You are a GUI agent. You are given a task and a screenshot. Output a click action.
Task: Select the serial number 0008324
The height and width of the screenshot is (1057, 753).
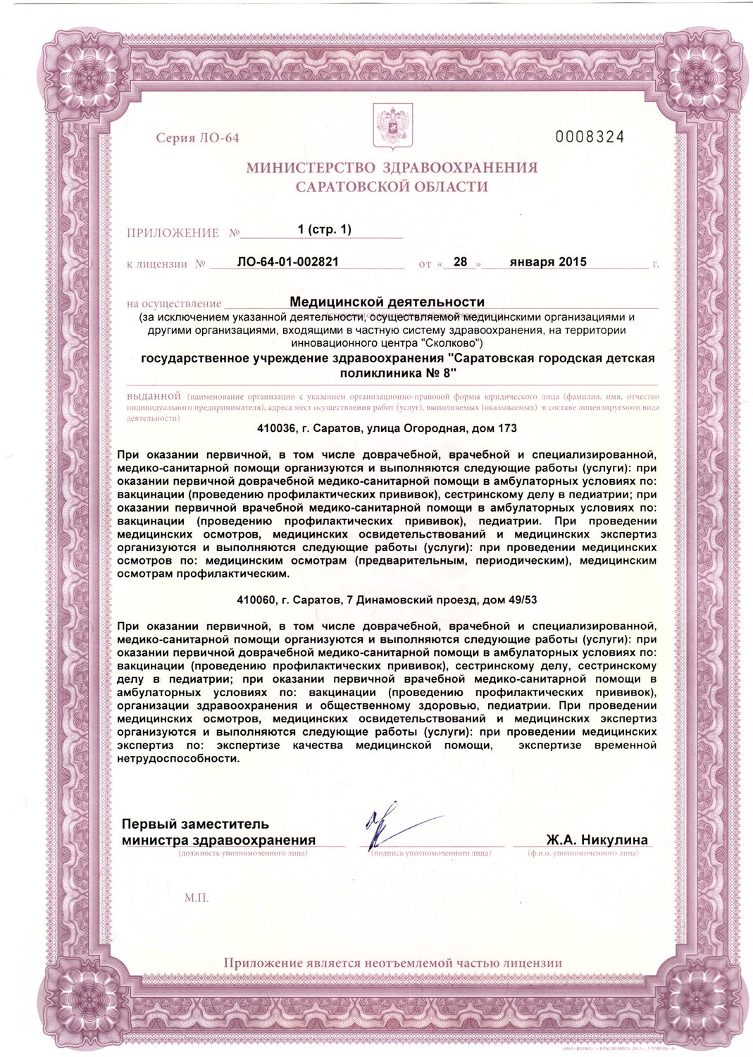[590, 137]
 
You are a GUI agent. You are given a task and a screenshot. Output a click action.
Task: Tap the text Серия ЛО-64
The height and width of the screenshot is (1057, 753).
[197, 137]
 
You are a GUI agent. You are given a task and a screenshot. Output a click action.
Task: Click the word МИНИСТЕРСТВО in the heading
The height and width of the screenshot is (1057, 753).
[311, 168]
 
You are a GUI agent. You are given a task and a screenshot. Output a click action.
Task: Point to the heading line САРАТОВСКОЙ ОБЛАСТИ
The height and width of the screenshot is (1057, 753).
[392, 187]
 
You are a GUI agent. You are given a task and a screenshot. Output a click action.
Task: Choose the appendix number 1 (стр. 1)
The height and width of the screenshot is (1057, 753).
[324, 230]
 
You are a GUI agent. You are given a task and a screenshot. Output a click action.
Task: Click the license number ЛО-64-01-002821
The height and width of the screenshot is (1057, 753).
[288, 261]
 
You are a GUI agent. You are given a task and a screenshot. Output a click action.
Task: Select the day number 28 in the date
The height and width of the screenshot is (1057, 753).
[460, 261]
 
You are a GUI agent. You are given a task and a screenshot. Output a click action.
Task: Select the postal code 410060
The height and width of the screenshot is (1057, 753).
[256, 600]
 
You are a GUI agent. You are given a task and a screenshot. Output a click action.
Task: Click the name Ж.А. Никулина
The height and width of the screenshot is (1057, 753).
[597, 840]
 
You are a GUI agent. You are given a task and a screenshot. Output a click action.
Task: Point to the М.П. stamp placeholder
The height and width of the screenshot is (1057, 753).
[197, 898]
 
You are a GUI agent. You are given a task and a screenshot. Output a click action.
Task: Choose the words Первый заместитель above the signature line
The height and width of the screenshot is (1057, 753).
[195, 824]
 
